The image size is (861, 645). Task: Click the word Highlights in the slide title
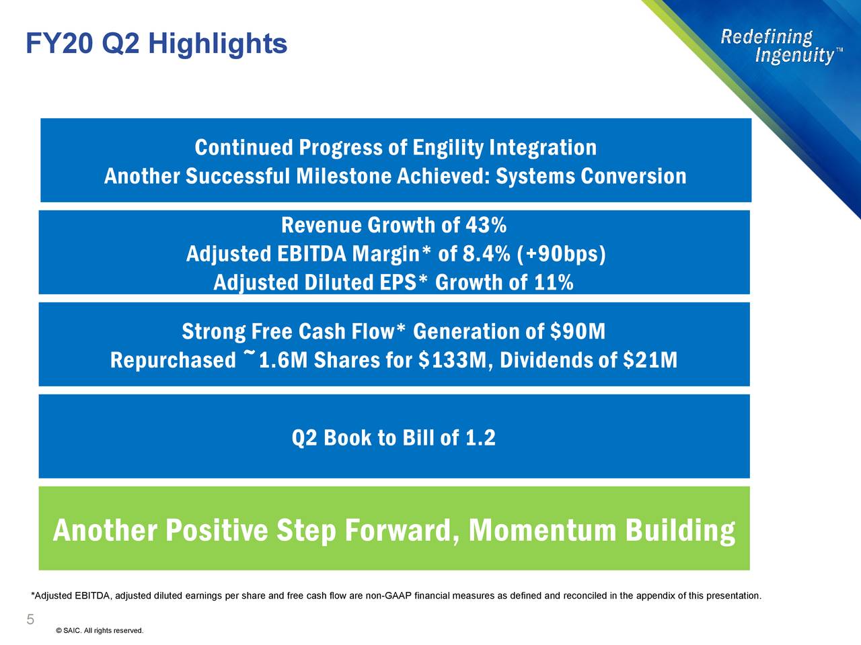[x=217, y=44]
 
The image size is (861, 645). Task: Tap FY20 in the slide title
[x=61, y=44]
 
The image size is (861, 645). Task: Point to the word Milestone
[x=344, y=176]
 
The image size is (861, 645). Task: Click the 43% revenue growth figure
[x=486, y=224]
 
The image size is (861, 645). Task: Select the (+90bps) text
[x=562, y=254]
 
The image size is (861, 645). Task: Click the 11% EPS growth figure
[x=553, y=282]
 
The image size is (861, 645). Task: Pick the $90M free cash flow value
[x=578, y=331]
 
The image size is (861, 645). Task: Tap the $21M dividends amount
[x=650, y=360]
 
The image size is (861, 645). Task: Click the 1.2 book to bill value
[x=480, y=438]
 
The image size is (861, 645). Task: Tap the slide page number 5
[x=30, y=619]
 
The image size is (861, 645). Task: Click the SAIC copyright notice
[x=100, y=630]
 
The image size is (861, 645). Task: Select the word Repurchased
[x=173, y=360]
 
